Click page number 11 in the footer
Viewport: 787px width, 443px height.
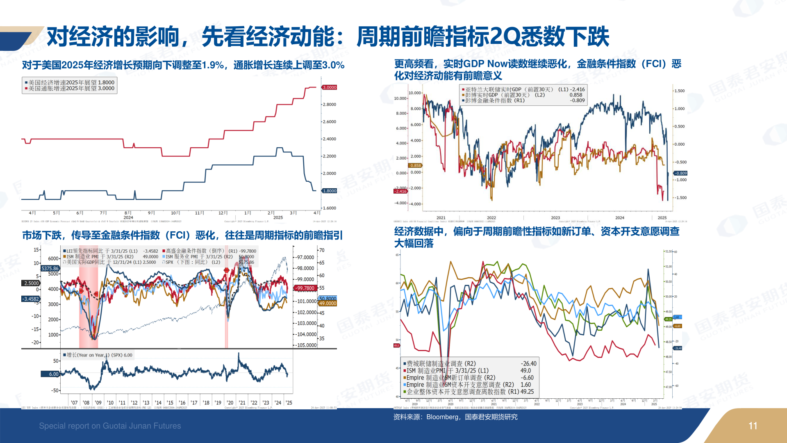pos(753,426)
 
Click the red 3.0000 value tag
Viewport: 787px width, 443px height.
pos(329,87)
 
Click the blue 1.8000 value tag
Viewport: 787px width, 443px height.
pos(329,191)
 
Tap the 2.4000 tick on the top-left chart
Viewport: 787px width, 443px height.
pos(329,139)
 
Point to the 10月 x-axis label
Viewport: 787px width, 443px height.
pos(175,213)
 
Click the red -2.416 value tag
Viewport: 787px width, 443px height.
pos(400,191)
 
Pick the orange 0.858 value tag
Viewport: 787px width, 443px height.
pos(415,165)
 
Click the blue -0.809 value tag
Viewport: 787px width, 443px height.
pos(681,173)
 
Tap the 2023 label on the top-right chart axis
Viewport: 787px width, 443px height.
pos(555,218)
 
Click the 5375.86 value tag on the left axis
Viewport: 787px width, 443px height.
pos(50,268)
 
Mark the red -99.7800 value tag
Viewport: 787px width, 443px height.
pos(305,288)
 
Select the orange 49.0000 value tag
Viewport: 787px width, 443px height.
pos(328,304)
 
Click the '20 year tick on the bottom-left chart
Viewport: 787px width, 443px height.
pos(230,403)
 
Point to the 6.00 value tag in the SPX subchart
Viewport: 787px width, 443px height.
pos(53,374)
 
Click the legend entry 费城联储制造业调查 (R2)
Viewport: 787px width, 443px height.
pos(441,363)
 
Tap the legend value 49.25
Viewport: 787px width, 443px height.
pos(527,392)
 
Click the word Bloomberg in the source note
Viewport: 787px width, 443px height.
pos(442,417)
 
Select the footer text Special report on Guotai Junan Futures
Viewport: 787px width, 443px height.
pos(110,426)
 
